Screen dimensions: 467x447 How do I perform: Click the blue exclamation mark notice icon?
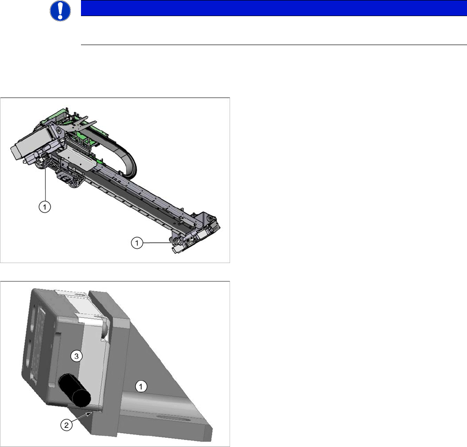pos(60,11)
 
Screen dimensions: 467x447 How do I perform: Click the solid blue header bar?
pos(274,8)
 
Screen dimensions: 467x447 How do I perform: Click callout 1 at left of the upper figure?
pos(45,206)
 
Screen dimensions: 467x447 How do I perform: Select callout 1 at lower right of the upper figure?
pos(137,243)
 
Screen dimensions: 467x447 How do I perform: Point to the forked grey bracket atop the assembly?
pos(80,124)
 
